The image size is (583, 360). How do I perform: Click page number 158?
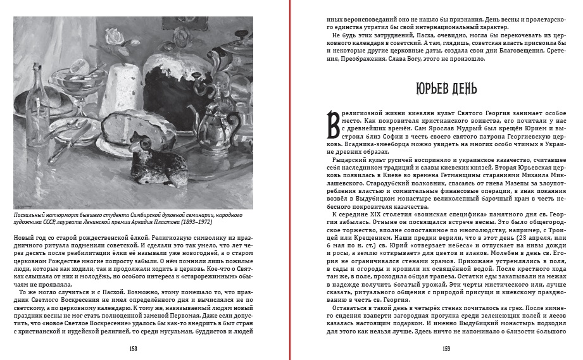[134, 349]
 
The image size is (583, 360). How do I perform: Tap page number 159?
[446, 349]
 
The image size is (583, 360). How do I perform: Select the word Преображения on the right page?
[358, 59]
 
